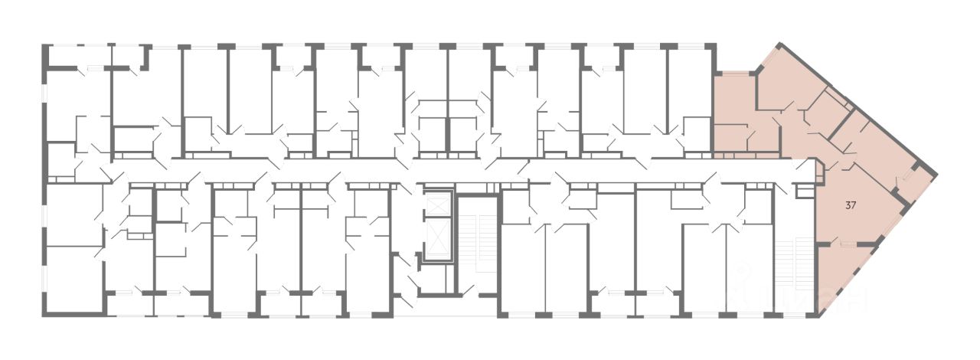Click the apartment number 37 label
tap(851, 205)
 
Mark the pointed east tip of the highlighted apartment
tap(936, 170)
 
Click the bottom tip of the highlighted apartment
tap(820, 314)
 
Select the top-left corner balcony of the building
tap(77, 57)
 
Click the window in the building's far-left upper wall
tap(44, 107)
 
